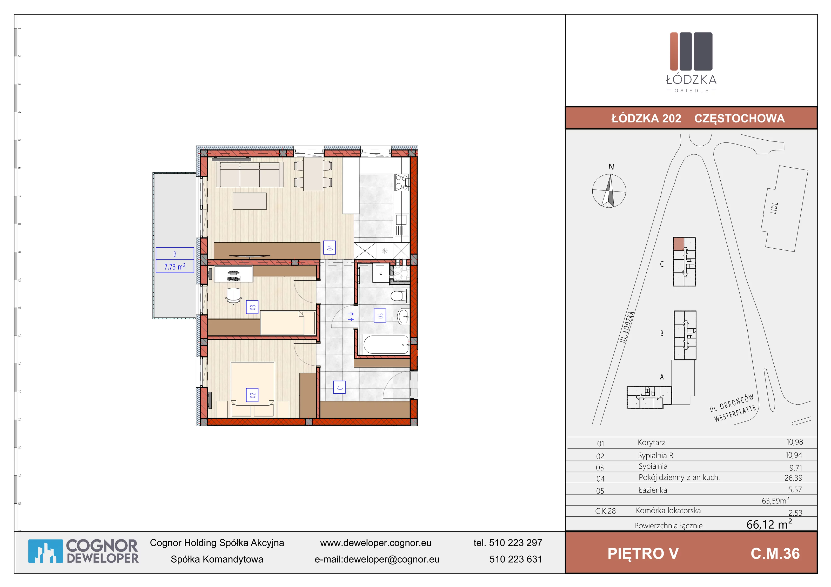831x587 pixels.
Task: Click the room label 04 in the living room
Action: click(x=329, y=248)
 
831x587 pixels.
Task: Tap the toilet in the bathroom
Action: click(x=398, y=296)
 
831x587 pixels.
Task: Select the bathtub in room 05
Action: click(x=386, y=345)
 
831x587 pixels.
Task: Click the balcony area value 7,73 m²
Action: click(x=175, y=267)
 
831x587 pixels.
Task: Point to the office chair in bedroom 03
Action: click(x=233, y=295)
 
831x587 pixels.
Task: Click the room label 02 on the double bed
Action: click(x=252, y=395)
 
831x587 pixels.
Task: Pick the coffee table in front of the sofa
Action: click(x=250, y=201)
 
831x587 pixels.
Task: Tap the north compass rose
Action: click(x=609, y=191)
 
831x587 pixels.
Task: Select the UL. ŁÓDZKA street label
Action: click(x=627, y=327)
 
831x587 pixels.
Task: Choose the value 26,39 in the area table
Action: click(x=793, y=478)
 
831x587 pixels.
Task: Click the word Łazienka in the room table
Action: click(x=653, y=490)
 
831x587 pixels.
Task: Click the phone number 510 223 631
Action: click(x=516, y=559)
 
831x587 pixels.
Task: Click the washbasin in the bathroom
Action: click(x=403, y=317)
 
